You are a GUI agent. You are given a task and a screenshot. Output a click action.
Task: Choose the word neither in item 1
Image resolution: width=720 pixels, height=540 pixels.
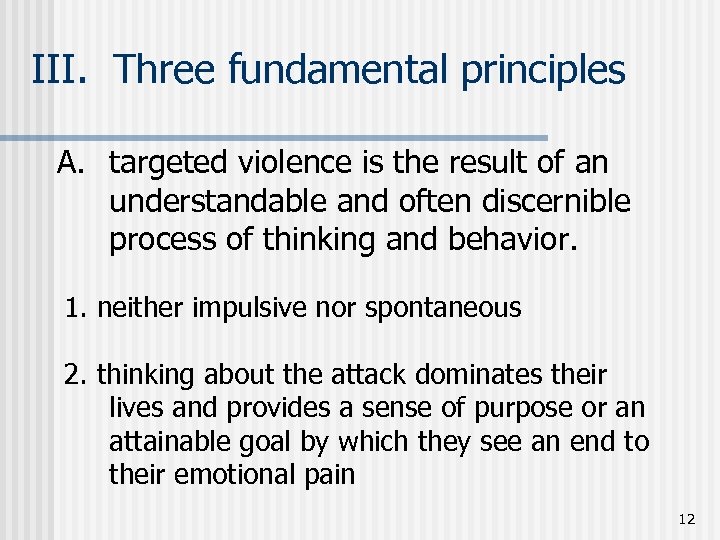(139, 308)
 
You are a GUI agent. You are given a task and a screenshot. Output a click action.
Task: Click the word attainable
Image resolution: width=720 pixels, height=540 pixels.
(170, 441)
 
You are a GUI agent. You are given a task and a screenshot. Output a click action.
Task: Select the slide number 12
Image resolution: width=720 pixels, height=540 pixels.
(686, 518)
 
